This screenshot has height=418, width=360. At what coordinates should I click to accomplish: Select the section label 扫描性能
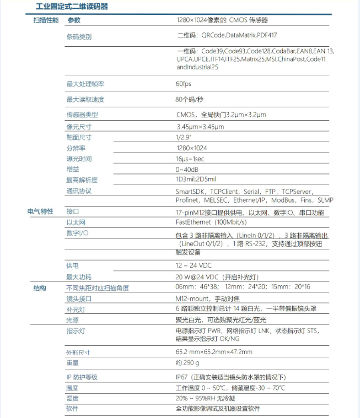[46, 20]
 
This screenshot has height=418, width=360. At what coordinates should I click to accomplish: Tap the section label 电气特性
[40, 211]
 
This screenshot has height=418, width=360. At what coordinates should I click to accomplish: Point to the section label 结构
[40, 288]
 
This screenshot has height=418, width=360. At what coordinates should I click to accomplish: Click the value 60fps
[183, 84]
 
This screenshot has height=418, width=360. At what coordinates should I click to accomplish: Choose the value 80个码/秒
[189, 100]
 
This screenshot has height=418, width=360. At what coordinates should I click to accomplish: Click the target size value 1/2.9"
[183, 137]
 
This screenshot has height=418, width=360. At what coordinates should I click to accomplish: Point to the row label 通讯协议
[78, 191]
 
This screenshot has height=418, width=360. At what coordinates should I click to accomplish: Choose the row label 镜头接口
[78, 298]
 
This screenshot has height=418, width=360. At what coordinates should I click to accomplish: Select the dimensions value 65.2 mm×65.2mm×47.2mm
[214, 352]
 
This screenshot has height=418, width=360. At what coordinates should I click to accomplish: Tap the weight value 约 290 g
[187, 363]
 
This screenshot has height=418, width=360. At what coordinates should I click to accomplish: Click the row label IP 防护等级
[82, 377]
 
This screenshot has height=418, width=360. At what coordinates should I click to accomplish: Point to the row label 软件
[72, 409]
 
